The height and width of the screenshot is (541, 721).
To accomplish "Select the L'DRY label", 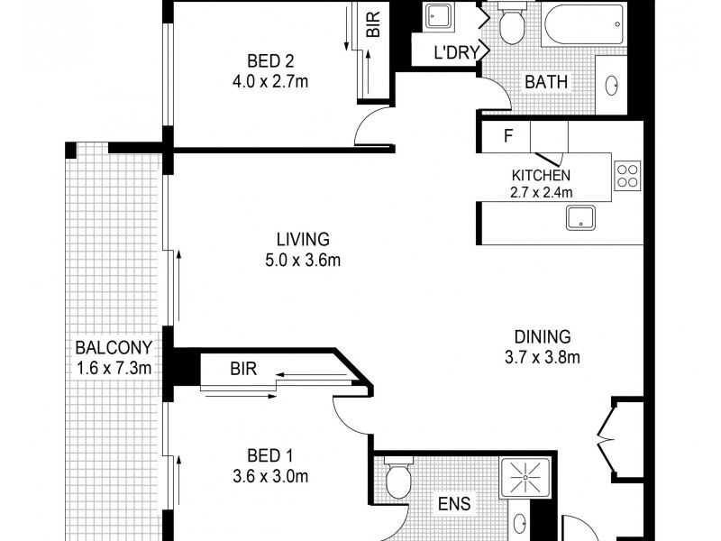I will click(455, 53).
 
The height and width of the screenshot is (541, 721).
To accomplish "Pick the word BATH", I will click(546, 82).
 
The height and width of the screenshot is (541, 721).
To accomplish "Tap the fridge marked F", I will click(508, 138).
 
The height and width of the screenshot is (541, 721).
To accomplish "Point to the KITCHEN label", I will click(542, 175).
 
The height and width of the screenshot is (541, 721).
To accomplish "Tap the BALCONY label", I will click(113, 348).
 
